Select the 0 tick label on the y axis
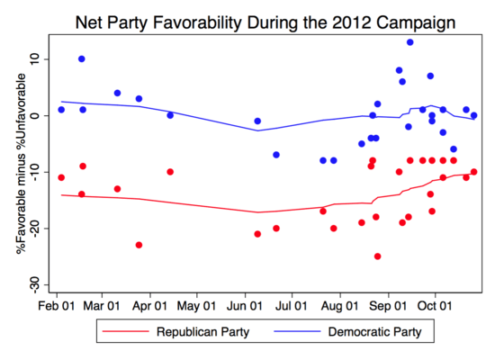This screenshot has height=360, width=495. pyautogui.click(x=35, y=116)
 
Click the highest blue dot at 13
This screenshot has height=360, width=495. pyautogui.click(x=409, y=42)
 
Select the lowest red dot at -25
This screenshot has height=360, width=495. pyautogui.click(x=377, y=256)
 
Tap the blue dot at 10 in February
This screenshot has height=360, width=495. pyautogui.click(x=82, y=59)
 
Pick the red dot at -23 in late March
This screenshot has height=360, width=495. pyautogui.click(x=139, y=245)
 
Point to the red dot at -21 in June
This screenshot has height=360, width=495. pyautogui.click(x=257, y=234)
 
